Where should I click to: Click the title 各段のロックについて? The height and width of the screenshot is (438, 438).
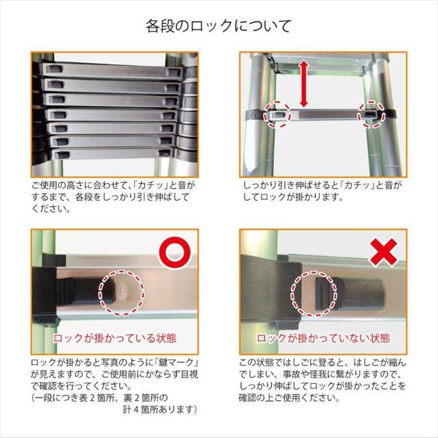click(219, 26)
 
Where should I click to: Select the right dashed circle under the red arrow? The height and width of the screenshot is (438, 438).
click(370, 116)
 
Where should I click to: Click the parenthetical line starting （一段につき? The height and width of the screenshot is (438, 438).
click(99, 397)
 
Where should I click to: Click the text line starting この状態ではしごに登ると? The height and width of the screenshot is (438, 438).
click(322, 362)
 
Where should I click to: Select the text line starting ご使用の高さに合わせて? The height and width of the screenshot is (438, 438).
click(113, 185)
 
